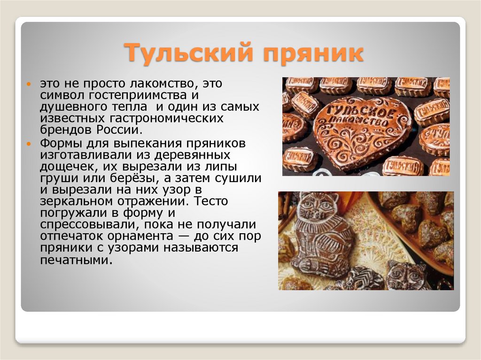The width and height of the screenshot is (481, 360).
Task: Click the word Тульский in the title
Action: coord(183,53)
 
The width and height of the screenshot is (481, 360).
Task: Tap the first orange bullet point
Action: coord(29,84)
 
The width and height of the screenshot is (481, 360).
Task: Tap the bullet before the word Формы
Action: coord(29,143)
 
